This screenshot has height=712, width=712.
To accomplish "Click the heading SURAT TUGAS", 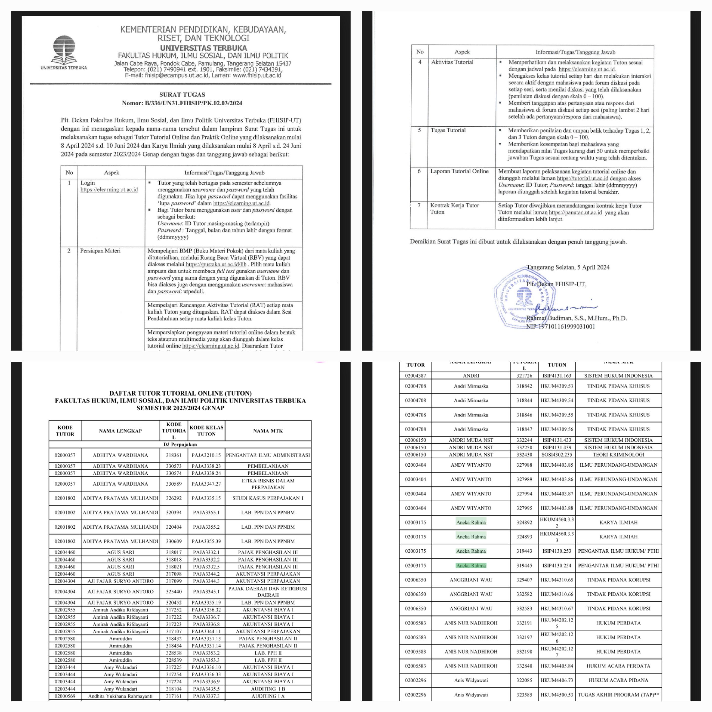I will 182,95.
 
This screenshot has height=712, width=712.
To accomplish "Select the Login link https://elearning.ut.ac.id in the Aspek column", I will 109,190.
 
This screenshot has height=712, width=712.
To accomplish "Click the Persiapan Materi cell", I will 100,251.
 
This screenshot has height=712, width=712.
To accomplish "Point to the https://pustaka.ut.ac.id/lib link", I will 216,264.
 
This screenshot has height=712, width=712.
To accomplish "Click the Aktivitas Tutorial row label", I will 452,62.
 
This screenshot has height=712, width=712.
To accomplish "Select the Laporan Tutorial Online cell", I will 459,171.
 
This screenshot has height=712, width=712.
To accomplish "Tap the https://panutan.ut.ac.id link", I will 575,213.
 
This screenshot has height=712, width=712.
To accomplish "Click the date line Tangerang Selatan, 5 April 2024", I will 568,267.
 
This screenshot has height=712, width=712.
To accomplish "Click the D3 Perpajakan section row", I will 180,445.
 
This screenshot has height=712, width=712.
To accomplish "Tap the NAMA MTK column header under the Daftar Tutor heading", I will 268,431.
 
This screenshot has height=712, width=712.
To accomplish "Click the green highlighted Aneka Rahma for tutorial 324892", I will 471,523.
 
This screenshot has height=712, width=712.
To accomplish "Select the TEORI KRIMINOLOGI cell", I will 618,455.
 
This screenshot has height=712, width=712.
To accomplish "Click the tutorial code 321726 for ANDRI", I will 524,376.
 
